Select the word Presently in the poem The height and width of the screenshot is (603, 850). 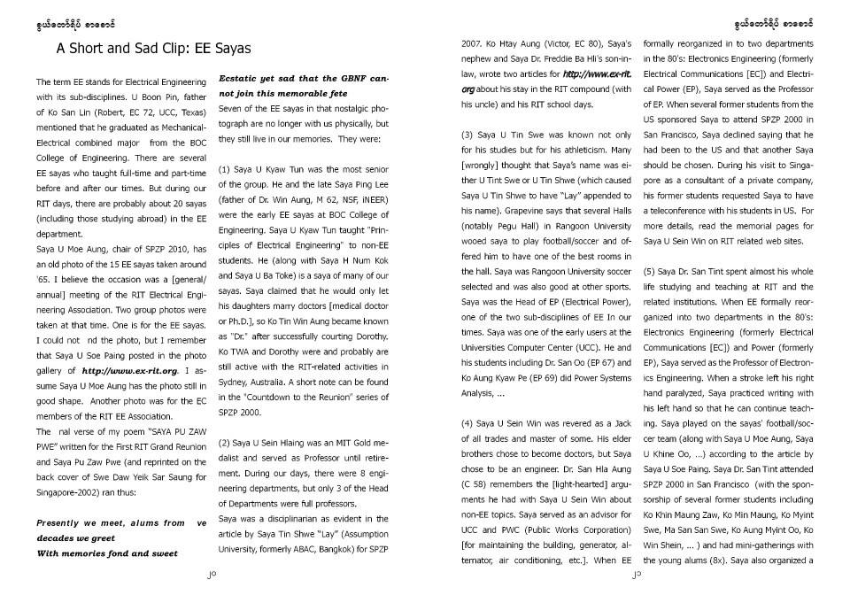pyautogui.click(x=64, y=522)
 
